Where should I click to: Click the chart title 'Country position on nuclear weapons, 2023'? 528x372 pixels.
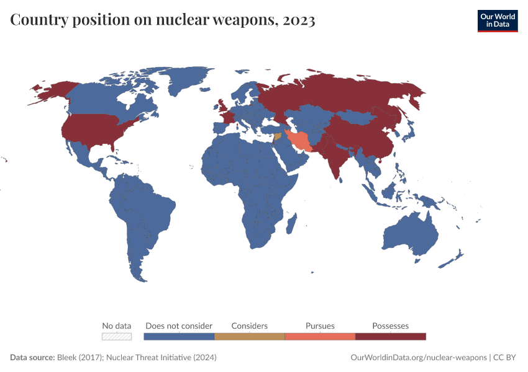click(x=163, y=20)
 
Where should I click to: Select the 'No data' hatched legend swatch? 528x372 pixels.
click(x=117, y=336)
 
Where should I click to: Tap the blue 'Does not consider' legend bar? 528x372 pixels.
click(x=179, y=336)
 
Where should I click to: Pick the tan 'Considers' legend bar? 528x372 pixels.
click(x=249, y=336)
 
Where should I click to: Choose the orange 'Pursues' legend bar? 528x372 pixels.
click(x=320, y=336)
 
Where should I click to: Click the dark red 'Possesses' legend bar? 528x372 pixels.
click(x=391, y=336)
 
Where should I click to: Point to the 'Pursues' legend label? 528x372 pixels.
click(x=320, y=325)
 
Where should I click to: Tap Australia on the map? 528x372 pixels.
click(x=410, y=236)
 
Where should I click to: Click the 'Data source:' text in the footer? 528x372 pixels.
click(x=32, y=358)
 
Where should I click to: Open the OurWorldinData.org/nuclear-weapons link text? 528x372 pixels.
click(x=418, y=358)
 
